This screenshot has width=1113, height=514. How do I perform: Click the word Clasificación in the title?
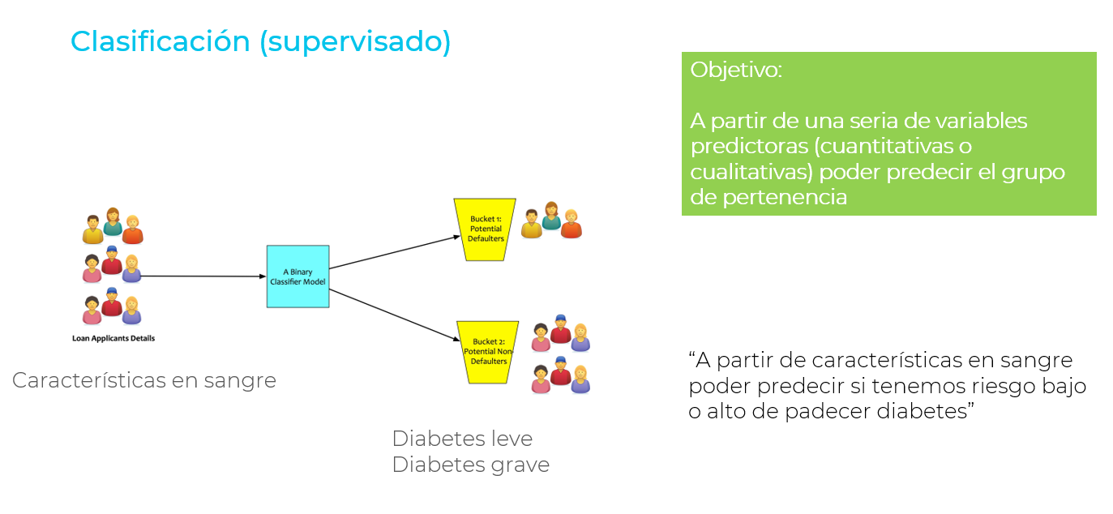click(x=160, y=41)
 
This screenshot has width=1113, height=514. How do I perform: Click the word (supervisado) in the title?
click(x=355, y=41)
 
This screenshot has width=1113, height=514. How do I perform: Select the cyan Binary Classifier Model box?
click(x=298, y=276)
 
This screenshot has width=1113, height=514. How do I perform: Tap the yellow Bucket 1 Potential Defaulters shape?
click(x=486, y=229)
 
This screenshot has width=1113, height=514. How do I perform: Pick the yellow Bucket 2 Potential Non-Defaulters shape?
click(x=487, y=352)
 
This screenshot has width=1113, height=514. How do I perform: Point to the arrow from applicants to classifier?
click(x=203, y=276)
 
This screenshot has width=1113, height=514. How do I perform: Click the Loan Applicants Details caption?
click(x=113, y=338)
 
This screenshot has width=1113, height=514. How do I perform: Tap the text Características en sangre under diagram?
click(x=144, y=380)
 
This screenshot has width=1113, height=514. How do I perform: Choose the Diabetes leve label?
click(x=462, y=439)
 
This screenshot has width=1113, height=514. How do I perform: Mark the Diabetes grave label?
click(x=470, y=465)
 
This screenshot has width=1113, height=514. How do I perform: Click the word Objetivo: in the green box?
click(x=736, y=70)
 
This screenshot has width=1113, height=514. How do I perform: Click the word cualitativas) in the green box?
click(x=751, y=173)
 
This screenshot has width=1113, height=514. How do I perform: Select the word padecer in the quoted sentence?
click(x=828, y=412)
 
